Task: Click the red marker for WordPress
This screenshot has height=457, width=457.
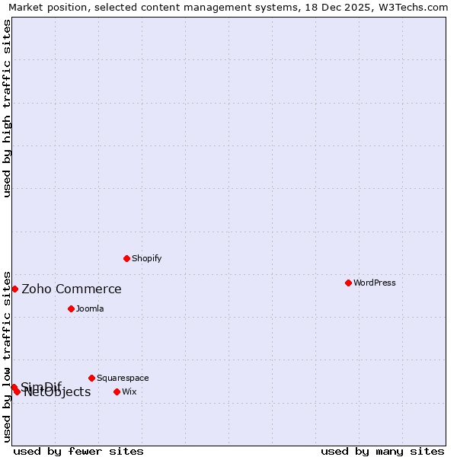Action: (x=348, y=283)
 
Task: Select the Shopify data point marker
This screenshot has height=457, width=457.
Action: (x=126, y=258)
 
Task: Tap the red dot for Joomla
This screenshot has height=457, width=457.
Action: (x=71, y=308)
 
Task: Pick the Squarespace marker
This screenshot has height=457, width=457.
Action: (x=91, y=378)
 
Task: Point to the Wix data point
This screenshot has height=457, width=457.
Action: (x=117, y=391)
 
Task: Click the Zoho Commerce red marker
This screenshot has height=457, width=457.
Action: (x=14, y=289)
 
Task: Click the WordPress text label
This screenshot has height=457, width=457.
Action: (x=375, y=283)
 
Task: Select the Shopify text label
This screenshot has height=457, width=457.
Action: (x=147, y=258)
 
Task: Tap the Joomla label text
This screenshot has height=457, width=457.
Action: (x=90, y=308)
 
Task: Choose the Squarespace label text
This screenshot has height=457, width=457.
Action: (x=123, y=378)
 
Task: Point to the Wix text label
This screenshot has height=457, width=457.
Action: (x=129, y=391)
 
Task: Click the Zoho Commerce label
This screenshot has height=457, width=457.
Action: (x=72, y=289)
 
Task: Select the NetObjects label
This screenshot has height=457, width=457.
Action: (x=57, y=392)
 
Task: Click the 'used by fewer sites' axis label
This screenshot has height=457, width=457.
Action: (x=78, y=451)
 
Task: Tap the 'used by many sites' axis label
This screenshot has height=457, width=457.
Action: (x=382, y=451)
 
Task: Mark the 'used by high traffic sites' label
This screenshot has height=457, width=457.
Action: (x=7, y=108)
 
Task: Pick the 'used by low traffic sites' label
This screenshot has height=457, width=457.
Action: (x=7, y=356)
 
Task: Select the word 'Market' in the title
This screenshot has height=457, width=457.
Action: (x=27, y=8)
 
